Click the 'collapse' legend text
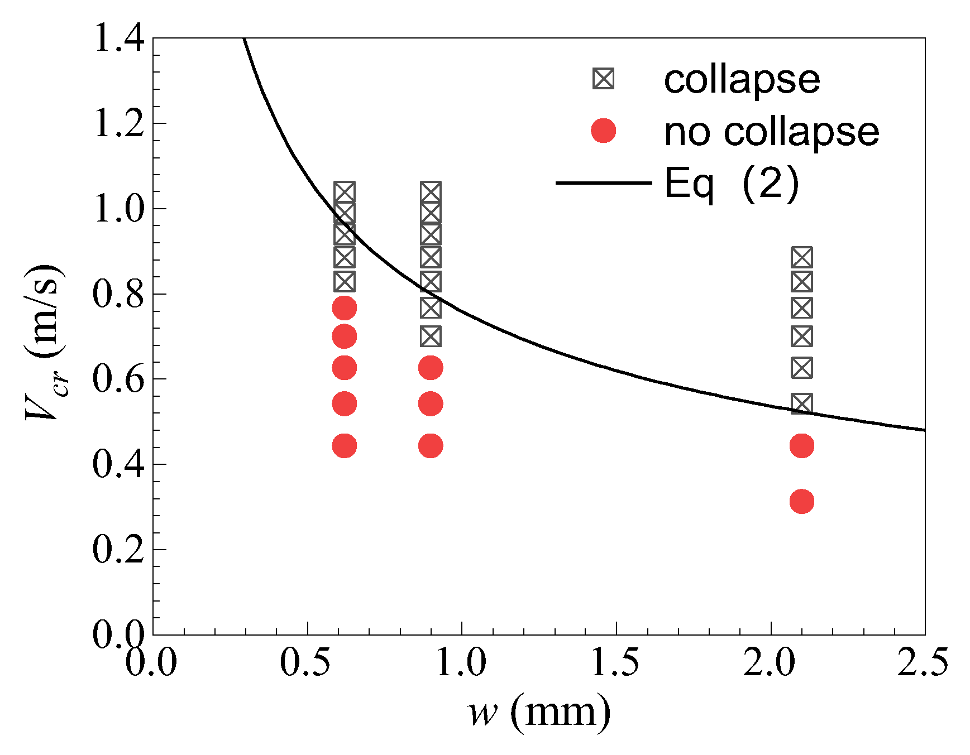pos(742,79)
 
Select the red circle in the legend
pos(603,131)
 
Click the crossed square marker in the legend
pos(603,79)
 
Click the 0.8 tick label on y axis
pos(119,294)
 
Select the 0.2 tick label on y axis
pos(119,549)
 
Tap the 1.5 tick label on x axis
pos(615,663)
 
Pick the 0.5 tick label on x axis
pos(307,663)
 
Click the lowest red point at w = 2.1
pos(802,502)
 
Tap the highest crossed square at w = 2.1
pos(802,257)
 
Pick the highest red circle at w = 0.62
pos(345,307)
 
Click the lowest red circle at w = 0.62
pos(345,446)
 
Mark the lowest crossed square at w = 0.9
pos(431,336)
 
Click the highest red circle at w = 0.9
pos(431,368)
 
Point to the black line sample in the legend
pos(603,183)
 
